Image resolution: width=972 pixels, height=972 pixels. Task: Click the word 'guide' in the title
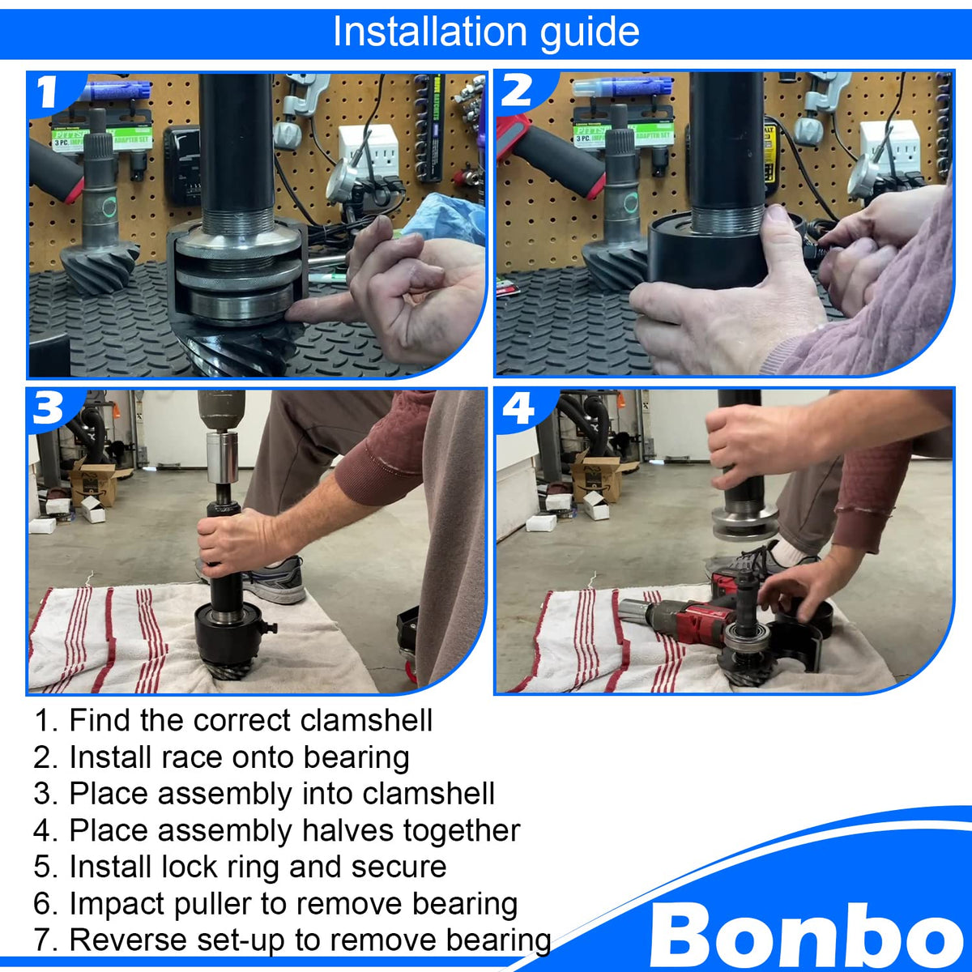pyautogui.click(x=589, y=33)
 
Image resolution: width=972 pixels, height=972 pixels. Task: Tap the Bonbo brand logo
pyautogui.click(x=807, y=934)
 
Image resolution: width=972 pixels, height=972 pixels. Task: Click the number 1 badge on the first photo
pyautogui.click(x=48, y=92)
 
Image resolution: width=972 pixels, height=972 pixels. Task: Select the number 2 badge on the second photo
pyautogui.click(x=517, y=91)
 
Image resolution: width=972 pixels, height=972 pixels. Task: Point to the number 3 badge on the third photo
pyautogui.click(x=48, y=408)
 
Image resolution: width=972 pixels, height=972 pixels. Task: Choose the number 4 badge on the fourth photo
pyautogui.click(x=518, y=408)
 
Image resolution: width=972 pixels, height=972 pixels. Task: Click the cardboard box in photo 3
pyautogui.click(x=93, y=484)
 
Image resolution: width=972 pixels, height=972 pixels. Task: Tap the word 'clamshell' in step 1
pyautogui.click(x=366, y=720)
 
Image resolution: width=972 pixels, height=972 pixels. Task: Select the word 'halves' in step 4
pyautogui.click(x=347, y=830)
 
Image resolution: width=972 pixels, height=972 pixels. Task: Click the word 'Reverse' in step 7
pyautogui.click(x=128, y=940)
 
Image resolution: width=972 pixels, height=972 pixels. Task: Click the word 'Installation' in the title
pyautogui.click(x=428, y=32)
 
